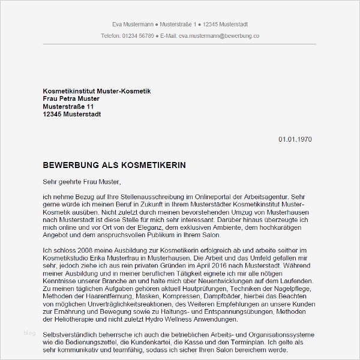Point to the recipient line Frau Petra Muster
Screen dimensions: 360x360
coord(71,98)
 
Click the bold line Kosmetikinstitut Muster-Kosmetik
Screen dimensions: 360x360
coord(97,91)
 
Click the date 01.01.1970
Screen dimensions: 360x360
coord(295,139)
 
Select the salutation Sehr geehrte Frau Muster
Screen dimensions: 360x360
coord(82,181)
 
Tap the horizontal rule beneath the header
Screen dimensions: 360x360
coord(179,44)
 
